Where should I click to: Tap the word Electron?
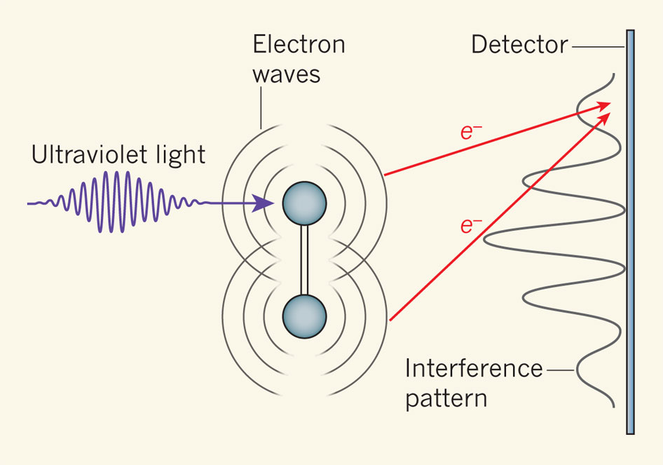299,44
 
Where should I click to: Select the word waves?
286,74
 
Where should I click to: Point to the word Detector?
519,45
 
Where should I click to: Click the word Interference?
474,368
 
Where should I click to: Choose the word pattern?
446,398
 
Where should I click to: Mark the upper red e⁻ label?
470,132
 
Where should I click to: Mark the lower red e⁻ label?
470,225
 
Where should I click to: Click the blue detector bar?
631,231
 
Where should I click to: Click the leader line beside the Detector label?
597,46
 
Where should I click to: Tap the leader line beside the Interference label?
561,368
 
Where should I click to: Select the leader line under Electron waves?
261,109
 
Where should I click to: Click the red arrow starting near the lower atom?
491,220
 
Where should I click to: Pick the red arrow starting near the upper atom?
491,140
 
